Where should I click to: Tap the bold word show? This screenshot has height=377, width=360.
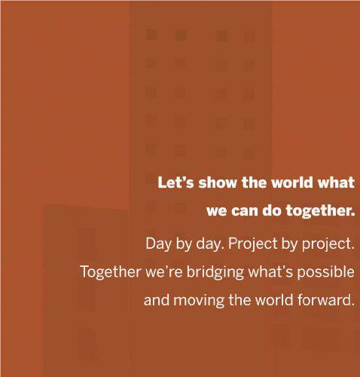[218, 182]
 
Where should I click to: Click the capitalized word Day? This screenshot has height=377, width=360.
[157, 244]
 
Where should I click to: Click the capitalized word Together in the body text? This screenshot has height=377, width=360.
[111, 272]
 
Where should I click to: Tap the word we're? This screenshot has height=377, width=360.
[164, 272]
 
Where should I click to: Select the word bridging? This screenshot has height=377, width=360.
[215, 272]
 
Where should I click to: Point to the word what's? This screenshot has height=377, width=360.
[270, 271]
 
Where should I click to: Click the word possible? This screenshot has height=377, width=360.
[326, 272]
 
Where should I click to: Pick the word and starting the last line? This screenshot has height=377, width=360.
[157, 300]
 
